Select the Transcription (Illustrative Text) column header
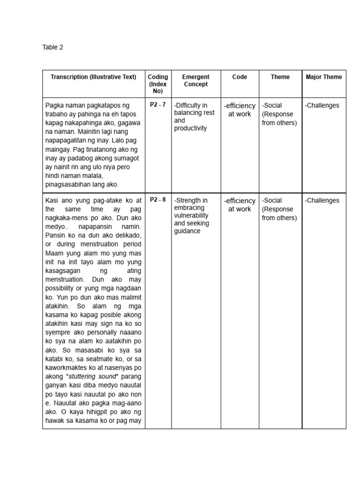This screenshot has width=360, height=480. pyautogui.click(x=93, y=77)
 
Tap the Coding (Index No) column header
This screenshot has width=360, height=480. pyautogui.click(x=157, y=84)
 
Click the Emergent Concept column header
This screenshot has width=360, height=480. pyautogui.click(x=195, y=81)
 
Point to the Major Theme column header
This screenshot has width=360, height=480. pyautogui.click(x=323, y=77)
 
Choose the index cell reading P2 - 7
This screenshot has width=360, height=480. pyautogui.click(x=157, y=105)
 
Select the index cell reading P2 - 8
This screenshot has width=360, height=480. pyautogui.click(x=157, y=200)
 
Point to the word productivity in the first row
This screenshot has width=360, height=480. pyautogui.click(x=190, y=128)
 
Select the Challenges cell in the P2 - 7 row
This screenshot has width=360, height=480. pyautogui.click(x=322, y=105)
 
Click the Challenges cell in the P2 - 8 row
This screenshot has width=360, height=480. pyautogui.click(x=322, y=200)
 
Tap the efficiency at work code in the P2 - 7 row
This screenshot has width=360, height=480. pyautogui.click(x=240, y=110)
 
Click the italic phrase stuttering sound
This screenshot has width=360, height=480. pyautogui.click(x=93, y=377)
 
